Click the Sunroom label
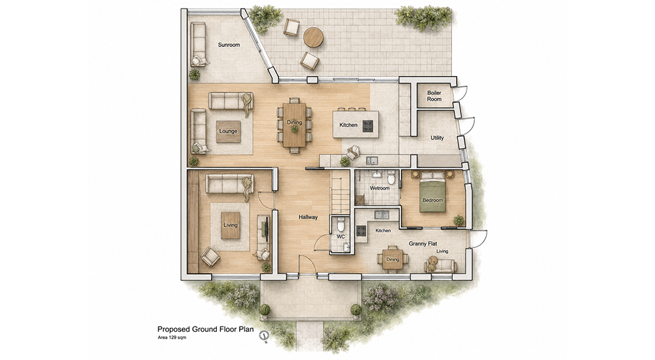tap(229, 45)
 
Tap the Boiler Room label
tap(434, 96)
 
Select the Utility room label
tap(437, 138)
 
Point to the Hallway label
tap(308, 217)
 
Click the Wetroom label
tap(379, 189)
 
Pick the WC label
tap(341, 237)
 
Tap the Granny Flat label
tap(422, 243)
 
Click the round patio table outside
tap(313, 37)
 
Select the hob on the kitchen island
tap(367, 126)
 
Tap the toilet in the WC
tap(341, 226)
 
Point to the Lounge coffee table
tap(228, 131)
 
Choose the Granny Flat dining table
tap(392, 259)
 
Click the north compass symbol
tap(264, 335)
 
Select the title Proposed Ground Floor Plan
tap(205, 329)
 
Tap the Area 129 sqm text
tap(172, 337)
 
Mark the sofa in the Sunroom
tap(198, 44)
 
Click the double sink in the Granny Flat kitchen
tap(381, 215)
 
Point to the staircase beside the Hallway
tap(339, 192)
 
